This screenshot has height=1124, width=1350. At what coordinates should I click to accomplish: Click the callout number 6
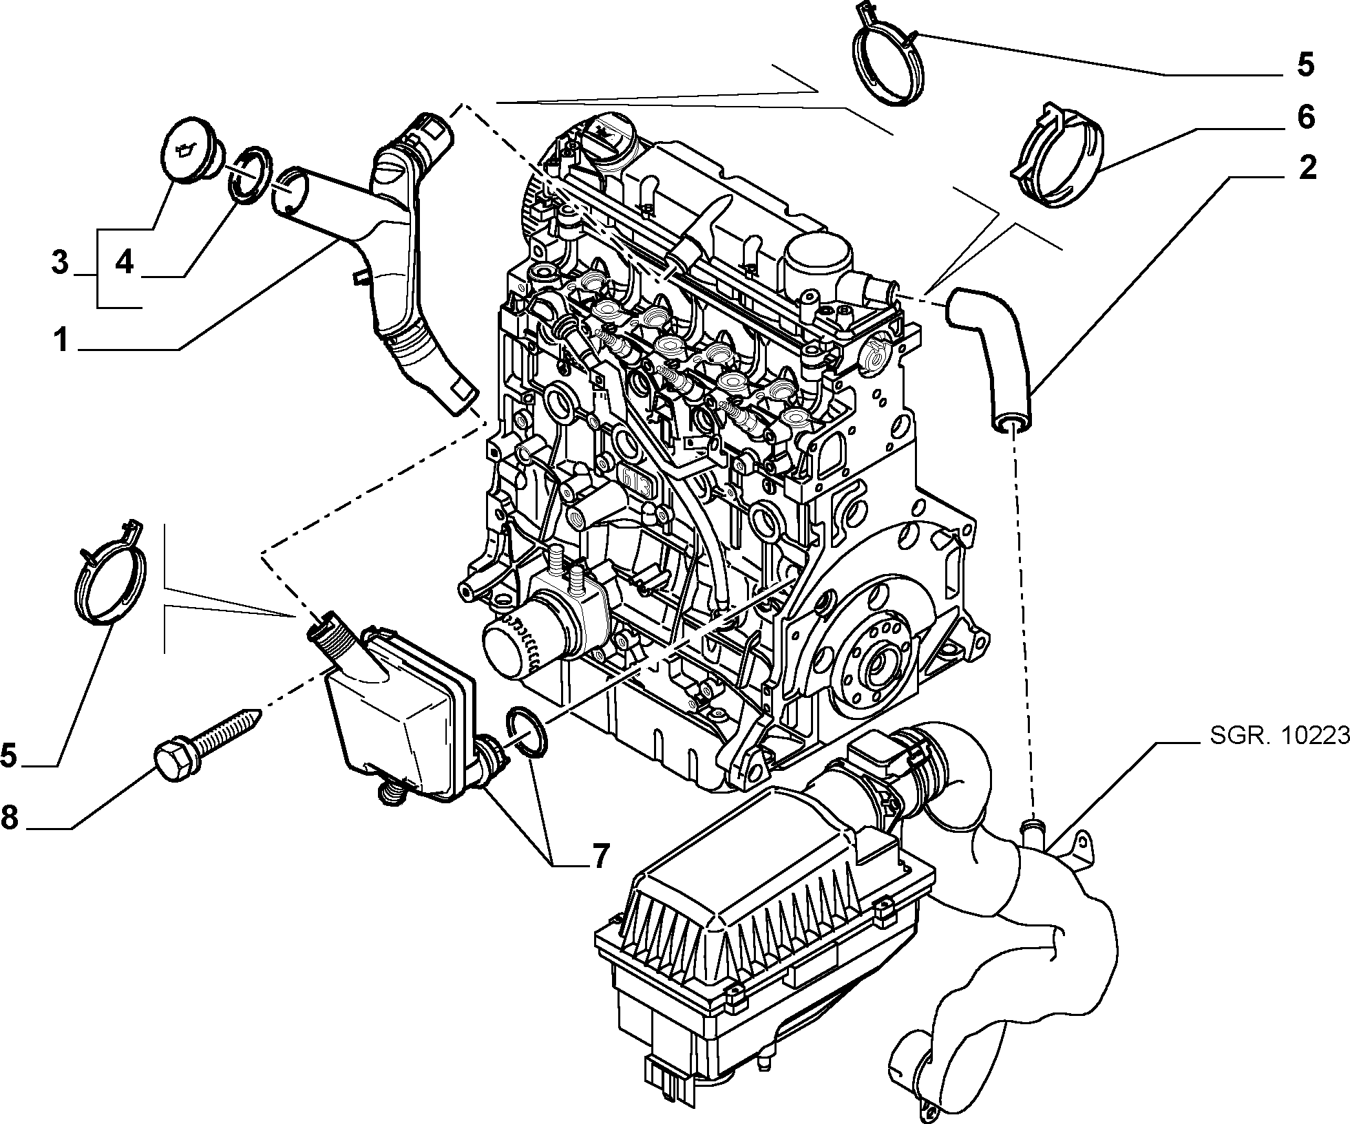click(1305, 118)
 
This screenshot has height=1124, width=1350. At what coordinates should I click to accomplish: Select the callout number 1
click(62, 339)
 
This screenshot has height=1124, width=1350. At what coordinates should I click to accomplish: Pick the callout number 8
click(10, 817)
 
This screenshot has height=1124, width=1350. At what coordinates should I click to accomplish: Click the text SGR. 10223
click(1278, 736)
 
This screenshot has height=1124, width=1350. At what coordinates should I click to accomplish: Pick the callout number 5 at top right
click(1305, 65)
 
